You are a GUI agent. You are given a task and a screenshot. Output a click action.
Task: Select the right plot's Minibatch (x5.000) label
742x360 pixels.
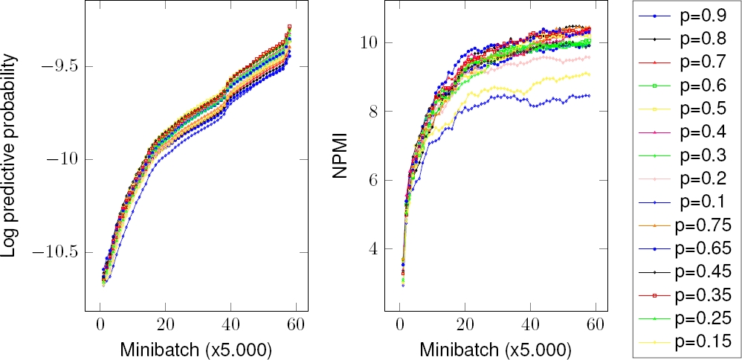pyautogui.click(x=491, y=347)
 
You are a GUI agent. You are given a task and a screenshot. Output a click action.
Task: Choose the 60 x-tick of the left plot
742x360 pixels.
pyautogui.click(x=296, y=326)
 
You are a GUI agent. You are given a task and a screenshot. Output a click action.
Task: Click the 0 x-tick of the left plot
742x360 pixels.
pyautogui.click(x=100, y=326)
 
